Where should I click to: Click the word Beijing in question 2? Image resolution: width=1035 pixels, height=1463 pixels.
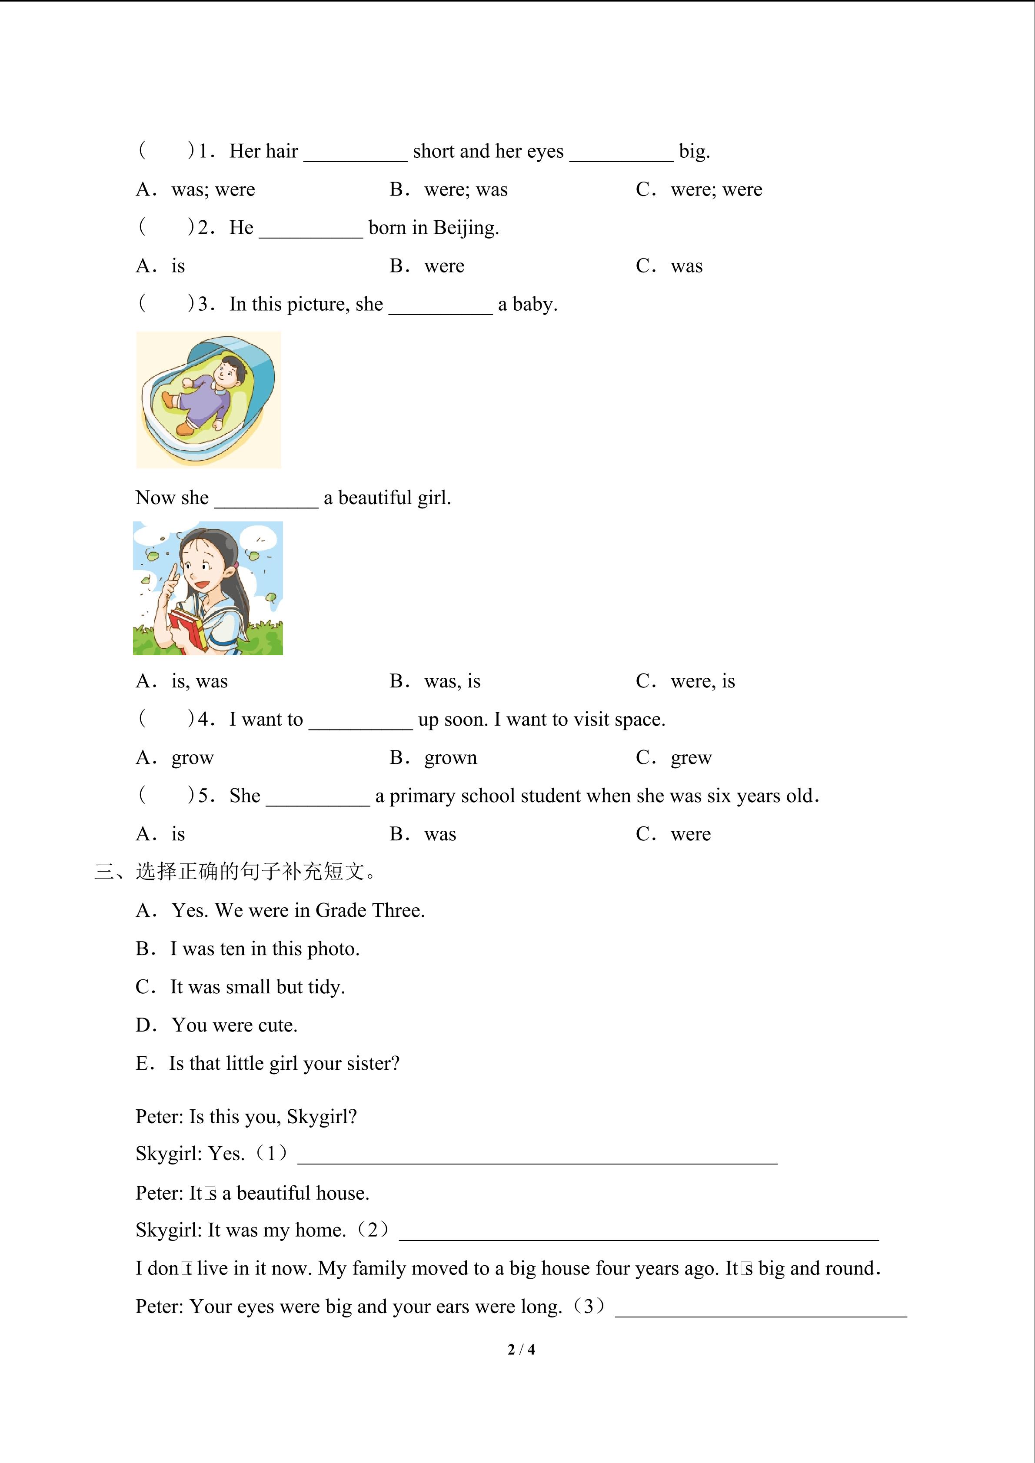pyautogui.click(x=465, y=228)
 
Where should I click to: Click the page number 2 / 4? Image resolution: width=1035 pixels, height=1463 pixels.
pyautogui.click(x=521, y=1349)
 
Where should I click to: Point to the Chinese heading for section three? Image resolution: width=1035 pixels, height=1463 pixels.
pyautogui.click(x=236, y=872)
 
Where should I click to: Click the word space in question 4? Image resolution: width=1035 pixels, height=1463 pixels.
pyautogui.click(x=637, y=720)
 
